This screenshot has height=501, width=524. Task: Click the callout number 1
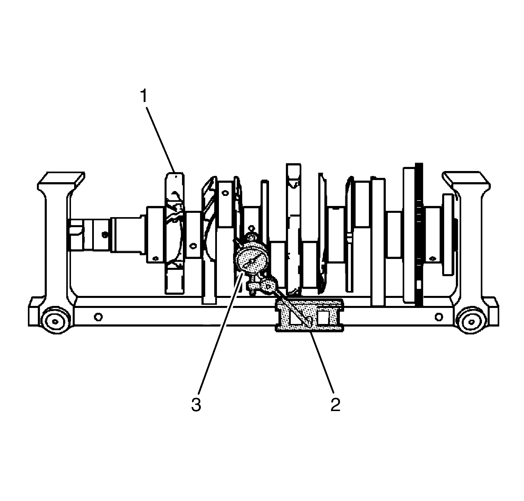tap(143, 97)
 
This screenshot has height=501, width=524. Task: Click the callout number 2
tap(335, 404)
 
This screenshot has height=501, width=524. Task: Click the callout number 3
tap(196, 404)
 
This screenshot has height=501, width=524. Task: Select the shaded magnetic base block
tap(309, 315)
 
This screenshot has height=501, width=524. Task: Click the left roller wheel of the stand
tap(55, 321)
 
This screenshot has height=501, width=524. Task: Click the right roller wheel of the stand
tap(471, 321)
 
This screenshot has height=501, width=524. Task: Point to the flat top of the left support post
tap(62, 179)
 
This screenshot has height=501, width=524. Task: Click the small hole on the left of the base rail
tap(98, 317)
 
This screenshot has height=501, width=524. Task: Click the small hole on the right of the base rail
tap(438, 317)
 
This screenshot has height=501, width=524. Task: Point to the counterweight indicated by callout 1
tap(174, 232)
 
